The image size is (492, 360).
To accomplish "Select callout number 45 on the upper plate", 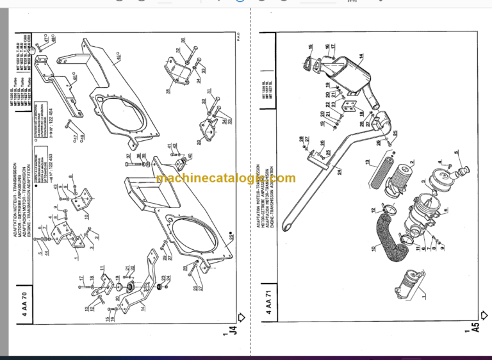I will [119, 57].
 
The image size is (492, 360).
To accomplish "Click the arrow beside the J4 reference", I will [240, 316].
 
